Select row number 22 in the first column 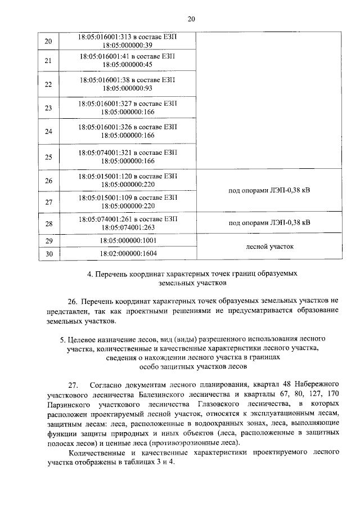(48, 84)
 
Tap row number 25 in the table (48, 156)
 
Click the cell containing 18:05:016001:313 (127, 41)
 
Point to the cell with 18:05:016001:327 (127, 108)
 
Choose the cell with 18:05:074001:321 (127, 156)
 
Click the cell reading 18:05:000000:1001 (127, 241)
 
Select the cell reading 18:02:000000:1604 (127, 254)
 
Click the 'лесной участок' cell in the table (269, 247)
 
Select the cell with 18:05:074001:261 (127, 223)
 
